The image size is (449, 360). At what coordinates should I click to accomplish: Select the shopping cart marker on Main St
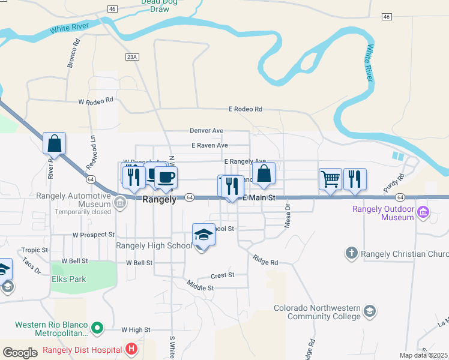pyautogui.click(x=330, y=179)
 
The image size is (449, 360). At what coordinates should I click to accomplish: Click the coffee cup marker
pyautogui.click(x=166, y=177)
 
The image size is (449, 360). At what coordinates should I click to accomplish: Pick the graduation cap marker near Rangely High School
pyautogui.click(x=204, y=235)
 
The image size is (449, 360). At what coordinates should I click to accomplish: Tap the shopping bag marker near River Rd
pyautogui.click(x=54, y=143)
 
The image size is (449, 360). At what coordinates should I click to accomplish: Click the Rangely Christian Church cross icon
pyautogui.click(x=352, y=253)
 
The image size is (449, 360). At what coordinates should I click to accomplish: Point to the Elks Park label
pyautogui.click(x=69, y=279)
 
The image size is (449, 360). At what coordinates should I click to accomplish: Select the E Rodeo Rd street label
pyautogui.click(x=246, y=109)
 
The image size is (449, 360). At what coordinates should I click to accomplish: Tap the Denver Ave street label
pyautogui.click(x=206, y=130)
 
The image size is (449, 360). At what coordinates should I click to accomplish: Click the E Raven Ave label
pyautogui.click(x=209, y=145)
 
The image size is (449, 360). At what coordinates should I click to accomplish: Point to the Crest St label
pyautogui.click(x=222, y=275)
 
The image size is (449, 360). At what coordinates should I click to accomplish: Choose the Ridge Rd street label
pyautogui.click(x=265, y=262)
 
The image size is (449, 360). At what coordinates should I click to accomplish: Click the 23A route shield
pyautogui.click(x=133, y=57)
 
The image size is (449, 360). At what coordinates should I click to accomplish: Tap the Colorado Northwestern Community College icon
pyautogui.click(x=370, y=311)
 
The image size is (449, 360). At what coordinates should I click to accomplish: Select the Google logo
pyautogui.click(x=20, y=353)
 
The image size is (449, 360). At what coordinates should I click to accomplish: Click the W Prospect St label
pyautogui.click(x=93, y=235)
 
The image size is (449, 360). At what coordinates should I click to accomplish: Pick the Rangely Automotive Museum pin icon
pyautogui.click(x=121, y=202)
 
